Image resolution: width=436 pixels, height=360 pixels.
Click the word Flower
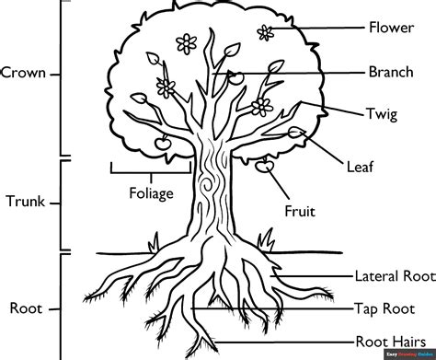[391, 26]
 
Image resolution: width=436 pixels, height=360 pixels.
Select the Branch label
[391, 71]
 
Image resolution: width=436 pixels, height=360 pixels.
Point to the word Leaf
[360, 167]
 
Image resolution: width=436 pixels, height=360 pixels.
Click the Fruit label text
[300, 211]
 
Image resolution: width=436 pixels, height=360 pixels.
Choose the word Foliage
[151, 194]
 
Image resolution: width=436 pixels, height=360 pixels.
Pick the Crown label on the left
[24, 72]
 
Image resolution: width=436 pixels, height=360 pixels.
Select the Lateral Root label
[394, 274]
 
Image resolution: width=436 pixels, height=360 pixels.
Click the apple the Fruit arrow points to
[265, 167]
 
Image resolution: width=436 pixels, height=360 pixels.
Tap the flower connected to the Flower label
[267, 33]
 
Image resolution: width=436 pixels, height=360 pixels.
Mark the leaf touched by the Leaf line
[297, 134]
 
